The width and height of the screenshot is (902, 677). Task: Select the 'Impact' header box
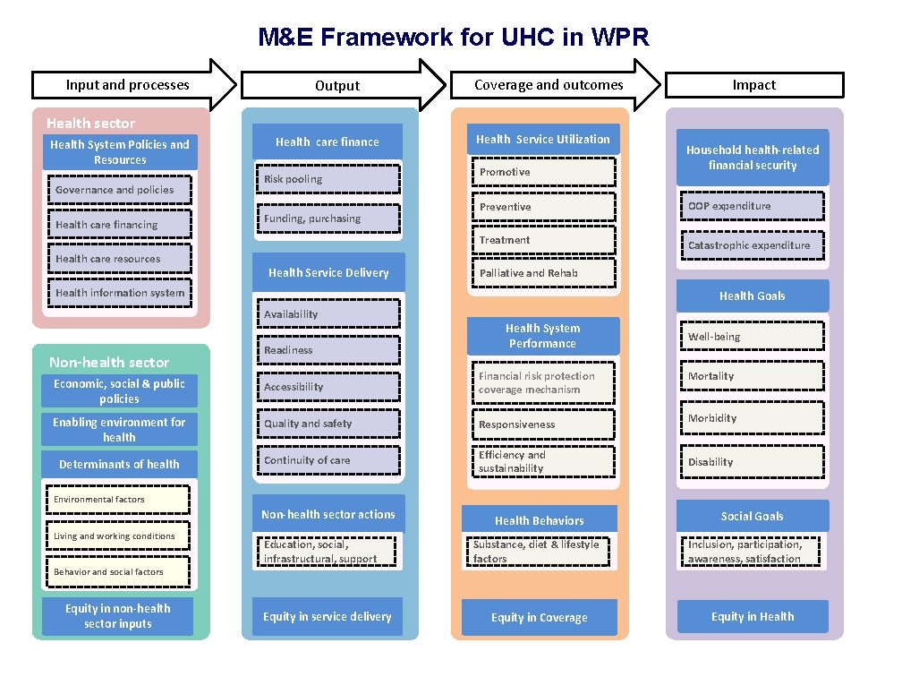click(x=753, y=85)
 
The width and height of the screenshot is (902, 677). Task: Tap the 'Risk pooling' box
click(x=328, y=179)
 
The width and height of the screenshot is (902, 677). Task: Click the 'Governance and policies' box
click(x=119, y=190)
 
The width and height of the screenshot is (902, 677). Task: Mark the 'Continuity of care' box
click(x=328, y=460)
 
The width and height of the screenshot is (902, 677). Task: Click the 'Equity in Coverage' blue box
click(x=540, y=618)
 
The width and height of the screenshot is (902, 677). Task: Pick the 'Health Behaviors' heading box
click(x=540, y=520)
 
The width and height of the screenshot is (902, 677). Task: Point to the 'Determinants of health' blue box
click(x=119, y=464)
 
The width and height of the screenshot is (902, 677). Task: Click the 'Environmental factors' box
click(x=119, y=500)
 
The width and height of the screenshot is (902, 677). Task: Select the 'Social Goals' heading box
click(x=752, y=516)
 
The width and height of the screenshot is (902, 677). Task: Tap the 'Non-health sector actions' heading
click(x=328, y=514)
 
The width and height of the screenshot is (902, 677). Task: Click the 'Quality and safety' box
click(x=328, y=424)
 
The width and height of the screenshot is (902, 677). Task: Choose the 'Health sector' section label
click(x=91, y=124)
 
